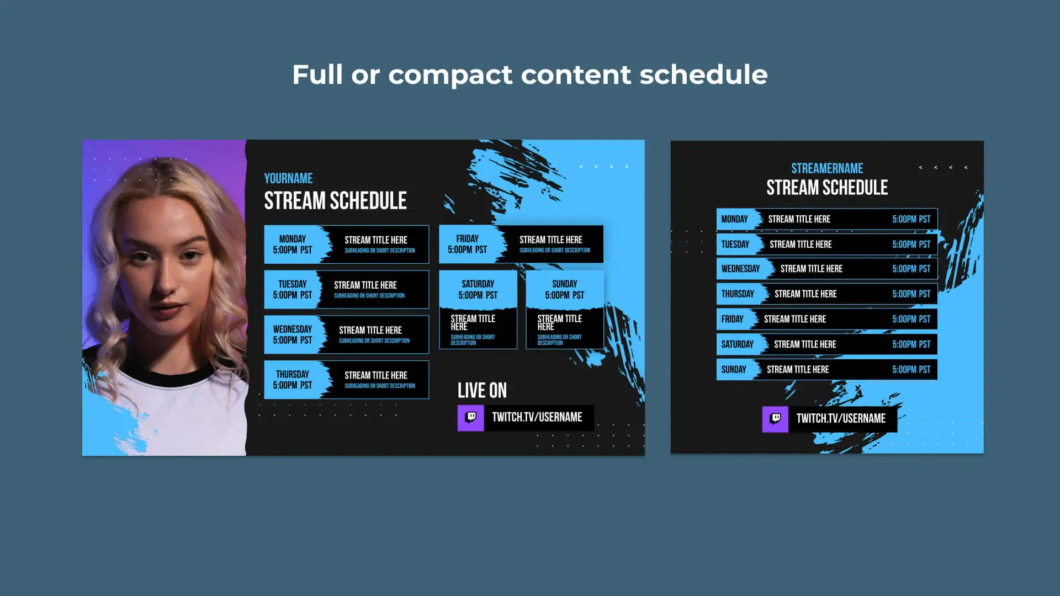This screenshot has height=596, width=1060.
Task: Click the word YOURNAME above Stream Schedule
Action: tap(288, 178)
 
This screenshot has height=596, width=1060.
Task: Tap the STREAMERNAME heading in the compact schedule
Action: tap(827, 168)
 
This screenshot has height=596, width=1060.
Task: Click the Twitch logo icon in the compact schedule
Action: tap(775, 419)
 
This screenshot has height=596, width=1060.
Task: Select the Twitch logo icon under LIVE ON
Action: tap(470, 418)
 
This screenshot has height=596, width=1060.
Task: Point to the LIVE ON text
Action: tap(482, 390)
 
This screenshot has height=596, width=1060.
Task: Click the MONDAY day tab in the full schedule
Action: tap(293, 244)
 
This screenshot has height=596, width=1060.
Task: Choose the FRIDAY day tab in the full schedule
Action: tap(468, 244)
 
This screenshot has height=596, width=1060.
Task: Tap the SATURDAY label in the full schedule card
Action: tap(478, 284)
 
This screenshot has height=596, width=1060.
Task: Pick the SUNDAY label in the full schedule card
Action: tap(565, 284)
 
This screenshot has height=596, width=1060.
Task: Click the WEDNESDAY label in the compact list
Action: tap(740, 269)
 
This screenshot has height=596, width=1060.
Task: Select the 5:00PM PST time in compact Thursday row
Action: tap(911, 294)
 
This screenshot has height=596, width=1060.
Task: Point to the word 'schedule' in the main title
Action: tap(703, 74)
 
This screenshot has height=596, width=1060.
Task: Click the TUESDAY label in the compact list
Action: tap(735, 244)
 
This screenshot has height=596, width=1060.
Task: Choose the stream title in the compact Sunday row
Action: tap(798, 370)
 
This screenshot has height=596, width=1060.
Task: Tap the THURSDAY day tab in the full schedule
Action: tap(293, 380)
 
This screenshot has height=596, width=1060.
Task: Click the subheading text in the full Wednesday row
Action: tap(374, 341)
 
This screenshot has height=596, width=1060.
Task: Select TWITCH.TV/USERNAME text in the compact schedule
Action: tap(841, 419)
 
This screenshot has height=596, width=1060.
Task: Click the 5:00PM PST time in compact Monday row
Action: tap(911, 219)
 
